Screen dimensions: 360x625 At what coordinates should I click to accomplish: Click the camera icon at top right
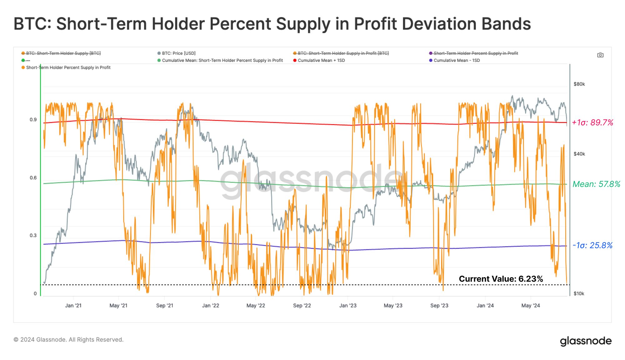coord(600,55)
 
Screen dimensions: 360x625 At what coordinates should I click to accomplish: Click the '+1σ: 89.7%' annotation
coord(592,122)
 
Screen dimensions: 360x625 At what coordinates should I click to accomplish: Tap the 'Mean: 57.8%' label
coord(596,184)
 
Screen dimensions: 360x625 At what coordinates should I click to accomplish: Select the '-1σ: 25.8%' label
coord(592,245)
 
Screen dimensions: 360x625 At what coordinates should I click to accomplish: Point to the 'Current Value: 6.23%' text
coord(501,279)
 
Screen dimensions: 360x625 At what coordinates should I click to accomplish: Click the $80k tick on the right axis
coord(579,84)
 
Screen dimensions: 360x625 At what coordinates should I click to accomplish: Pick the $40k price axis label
coord(579,154)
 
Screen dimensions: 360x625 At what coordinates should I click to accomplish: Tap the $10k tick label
coord(579,293)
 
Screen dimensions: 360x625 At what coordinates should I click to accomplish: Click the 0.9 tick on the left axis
coord(33,120)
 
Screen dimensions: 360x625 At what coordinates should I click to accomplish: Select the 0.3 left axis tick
coord(33,236)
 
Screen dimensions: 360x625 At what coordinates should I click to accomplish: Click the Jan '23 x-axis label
coord(348,306)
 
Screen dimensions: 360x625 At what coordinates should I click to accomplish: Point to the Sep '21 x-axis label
coord(165,306)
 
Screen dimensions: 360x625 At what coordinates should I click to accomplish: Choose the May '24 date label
coord(530,306)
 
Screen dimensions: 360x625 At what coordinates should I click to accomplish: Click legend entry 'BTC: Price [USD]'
coord(178,53)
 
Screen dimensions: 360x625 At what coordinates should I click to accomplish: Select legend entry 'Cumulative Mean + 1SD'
coord(321,60)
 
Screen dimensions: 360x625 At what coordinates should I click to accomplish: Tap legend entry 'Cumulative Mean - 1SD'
coord(457,60)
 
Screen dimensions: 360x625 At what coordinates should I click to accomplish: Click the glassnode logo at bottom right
coord(586,341)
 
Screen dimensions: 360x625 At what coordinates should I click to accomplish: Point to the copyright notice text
coord(68,340)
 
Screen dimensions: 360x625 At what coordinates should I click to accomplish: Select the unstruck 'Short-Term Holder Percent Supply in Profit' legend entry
coord(68,67)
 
